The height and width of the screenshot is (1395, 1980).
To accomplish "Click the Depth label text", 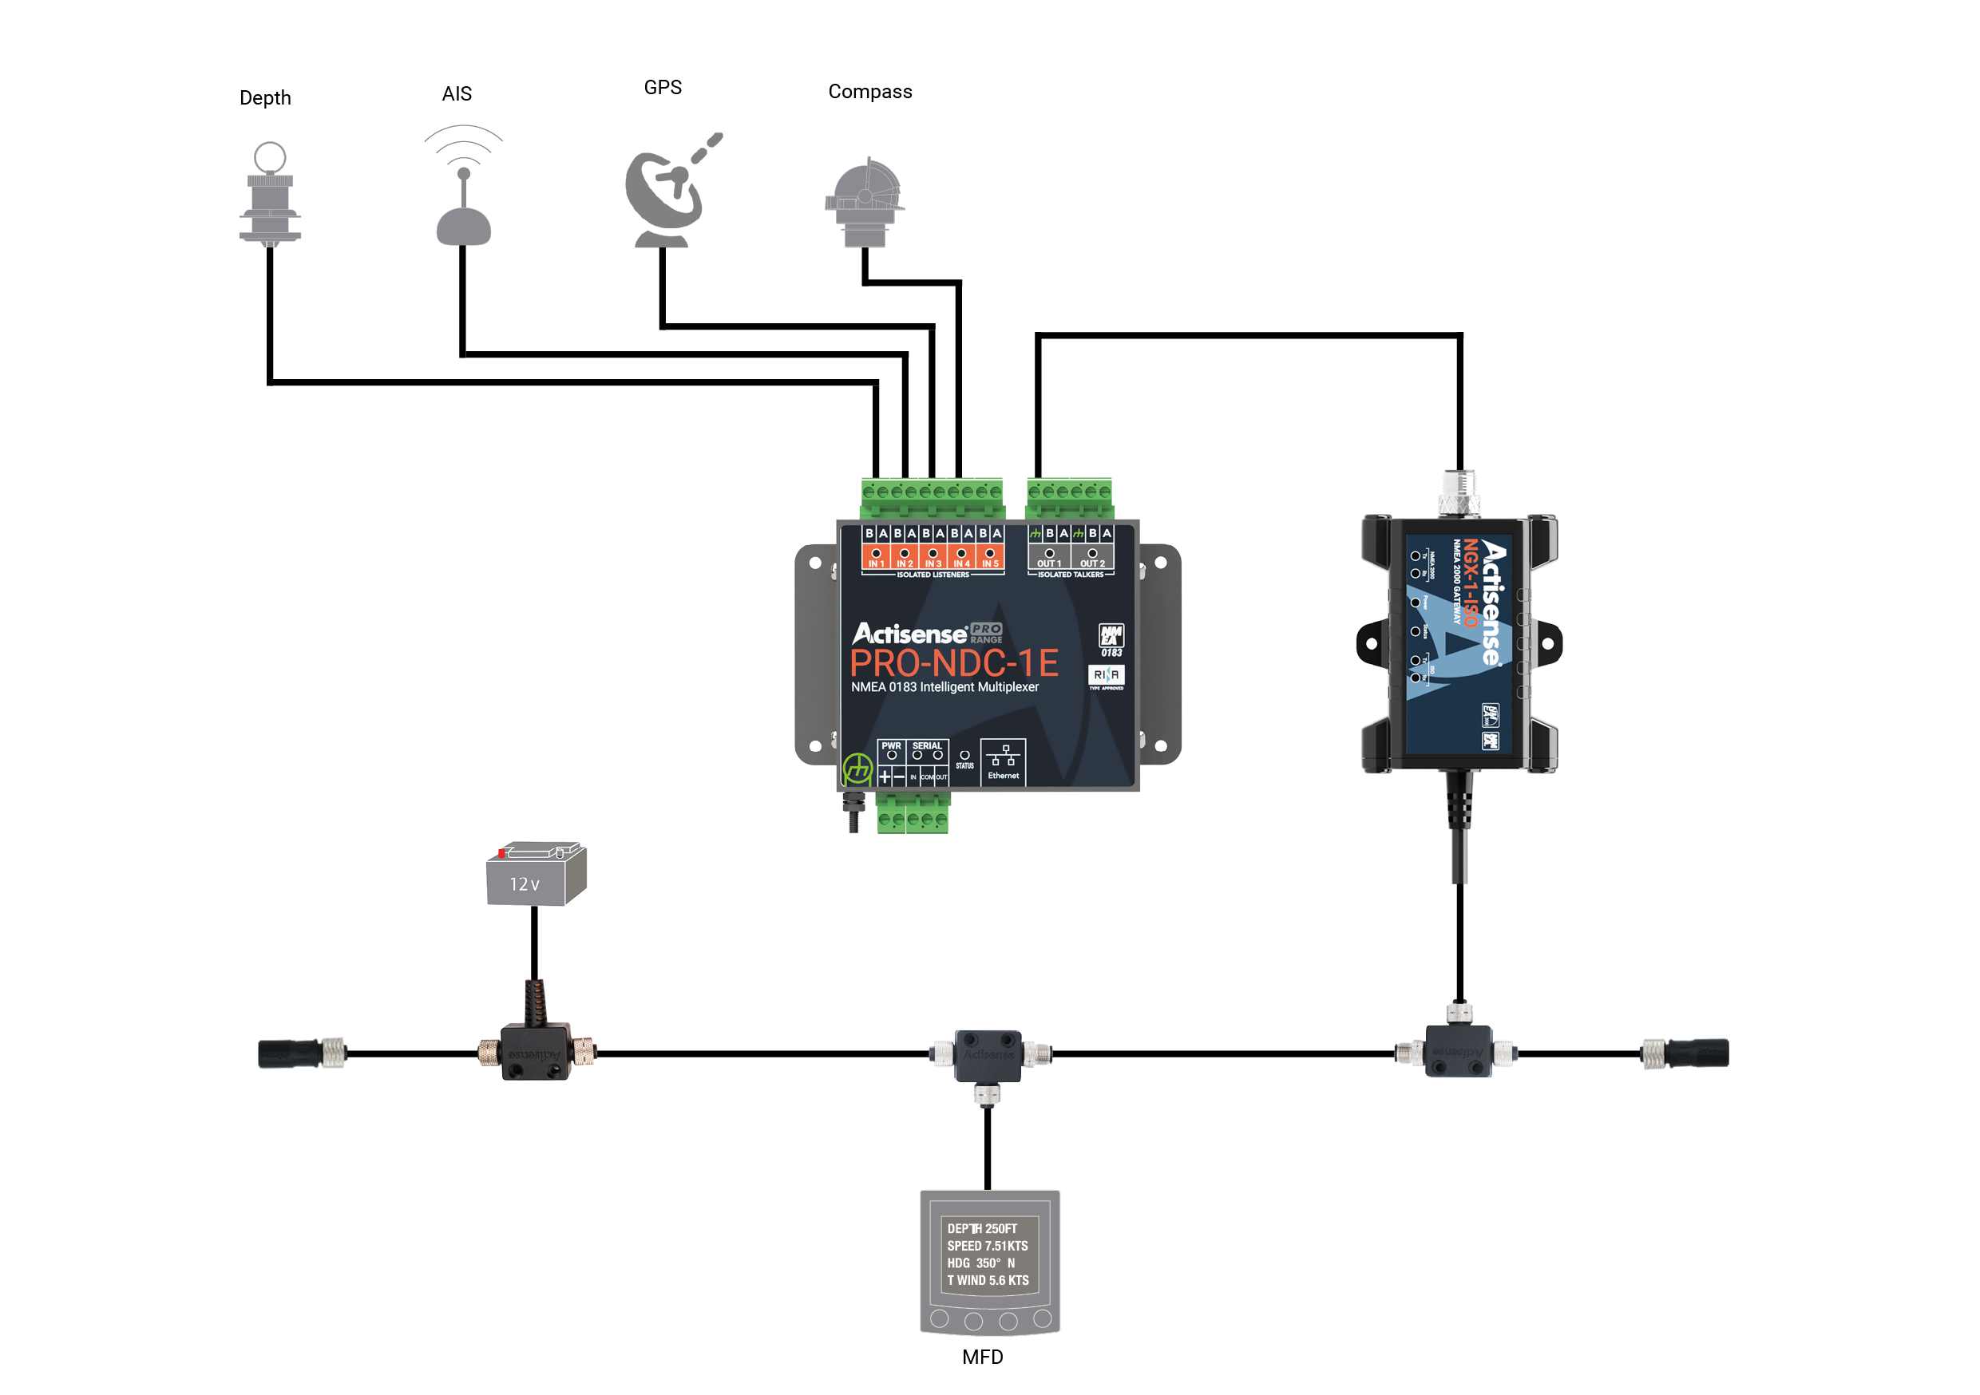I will (x=265, y=98).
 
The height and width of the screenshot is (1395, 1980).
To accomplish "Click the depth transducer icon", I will (x=270, y=195).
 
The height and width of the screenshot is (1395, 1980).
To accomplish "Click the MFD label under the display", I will (x=982, y=1357).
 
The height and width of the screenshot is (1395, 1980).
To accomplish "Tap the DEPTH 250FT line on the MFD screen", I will (x=982, y=1228).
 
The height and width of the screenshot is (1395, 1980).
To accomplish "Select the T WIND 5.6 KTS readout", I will (x=988, y=1280).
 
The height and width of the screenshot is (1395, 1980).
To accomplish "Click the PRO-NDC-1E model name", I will (x=954, y=664).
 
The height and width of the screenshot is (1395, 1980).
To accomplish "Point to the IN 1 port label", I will (x=876, y=563).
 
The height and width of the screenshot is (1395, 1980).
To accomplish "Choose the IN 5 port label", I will (x=990, y=563).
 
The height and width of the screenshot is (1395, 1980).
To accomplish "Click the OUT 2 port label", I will (x=1091, y=563).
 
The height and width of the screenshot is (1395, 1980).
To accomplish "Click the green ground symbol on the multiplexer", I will (x=857, y=768).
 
